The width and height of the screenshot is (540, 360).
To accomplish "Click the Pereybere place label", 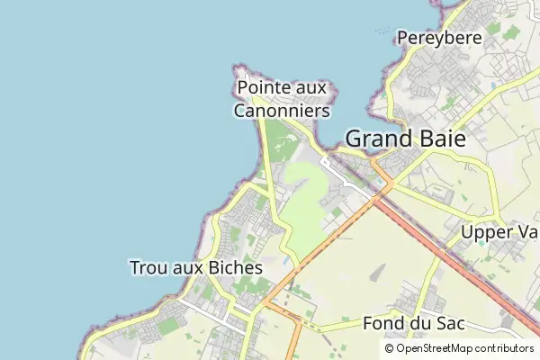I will point(439,38).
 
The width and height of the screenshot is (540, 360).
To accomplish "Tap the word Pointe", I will point(261,88).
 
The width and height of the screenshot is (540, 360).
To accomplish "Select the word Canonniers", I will point(282,111).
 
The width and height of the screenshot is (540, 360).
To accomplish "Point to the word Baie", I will point(447,139).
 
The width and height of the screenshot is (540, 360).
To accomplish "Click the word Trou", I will point(149,268).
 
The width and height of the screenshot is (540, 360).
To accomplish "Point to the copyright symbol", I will point(389,348).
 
